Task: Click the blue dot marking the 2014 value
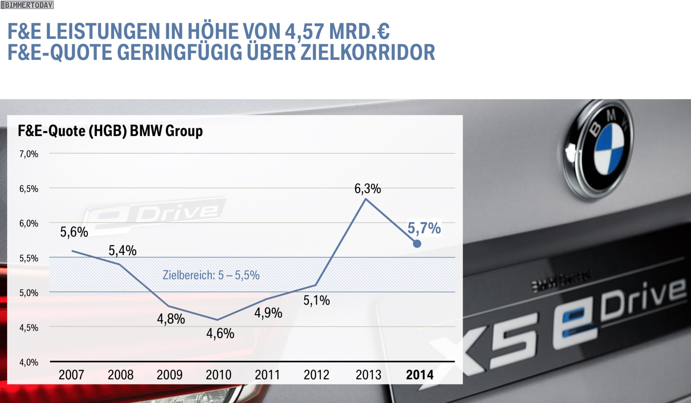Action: (417, 244)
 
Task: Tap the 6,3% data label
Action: (367, 188)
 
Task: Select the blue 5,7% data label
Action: (424, 228)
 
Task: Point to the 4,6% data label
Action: (220, 333)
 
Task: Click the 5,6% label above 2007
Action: (74, 232)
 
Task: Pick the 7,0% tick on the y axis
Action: (29, 154)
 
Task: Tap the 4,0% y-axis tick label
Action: (29, 362)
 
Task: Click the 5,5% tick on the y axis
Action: (29, 258)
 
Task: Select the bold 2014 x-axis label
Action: (420, 375)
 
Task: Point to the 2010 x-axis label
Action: (218, 375)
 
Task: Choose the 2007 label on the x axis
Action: (71, 375)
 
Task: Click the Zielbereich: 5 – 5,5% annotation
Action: (211, 275)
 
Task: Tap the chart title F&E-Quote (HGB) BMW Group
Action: (110, 131)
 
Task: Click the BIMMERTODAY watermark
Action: (27, 5)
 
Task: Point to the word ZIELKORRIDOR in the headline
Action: (368, 53)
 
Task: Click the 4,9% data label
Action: (268, 313)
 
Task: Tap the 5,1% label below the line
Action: (316, 300)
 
